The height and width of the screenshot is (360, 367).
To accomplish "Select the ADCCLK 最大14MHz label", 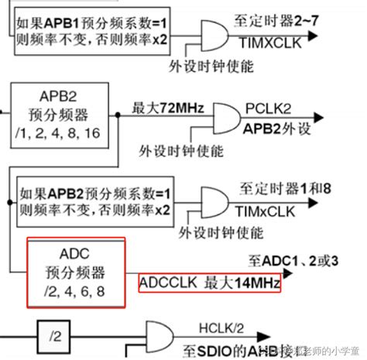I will pos(209,283).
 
